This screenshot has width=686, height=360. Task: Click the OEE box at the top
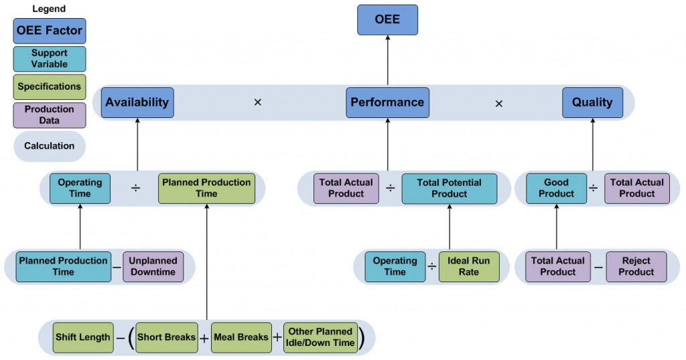pyautogui.click(x=387, y=19)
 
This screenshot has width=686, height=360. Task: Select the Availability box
pyautogui.click(x=137, y=103)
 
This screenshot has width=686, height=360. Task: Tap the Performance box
pyautogui.click(x=387, y=103)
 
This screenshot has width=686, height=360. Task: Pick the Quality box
pyautogui.click(x=592, y=103)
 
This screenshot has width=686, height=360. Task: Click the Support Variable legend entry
pyautogui.click(x=49, y=58)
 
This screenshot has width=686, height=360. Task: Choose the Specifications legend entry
pyautogui.click(x=49, y=86)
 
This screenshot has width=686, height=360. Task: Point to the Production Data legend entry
pyautogui.click(x=49, y=115)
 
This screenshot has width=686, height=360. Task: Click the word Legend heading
pyautogui.click(x=49, y=9)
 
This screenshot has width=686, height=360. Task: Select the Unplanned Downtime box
pyautogui.click(x=153, y=266)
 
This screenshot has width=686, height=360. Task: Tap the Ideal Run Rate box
pyautogui.click(x=469, y=266)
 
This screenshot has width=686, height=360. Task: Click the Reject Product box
pyautogui.click(x=636, y=266)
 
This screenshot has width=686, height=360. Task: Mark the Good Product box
pyautogui.click(x=556, y=188)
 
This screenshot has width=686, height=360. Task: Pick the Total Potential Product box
pyautogui.click(x=449, y=188)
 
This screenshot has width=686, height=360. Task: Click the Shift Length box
pyautogui.click(x=82, y=337)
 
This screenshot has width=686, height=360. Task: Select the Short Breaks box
pyautogui.click(x=166, y=337)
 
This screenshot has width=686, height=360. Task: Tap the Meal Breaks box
pyautogui.click(x=241, y=337)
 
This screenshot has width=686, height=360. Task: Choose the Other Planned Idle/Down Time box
pyautogui.click(x=320, y=337)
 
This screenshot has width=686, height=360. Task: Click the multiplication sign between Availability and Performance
pyautogui.click(x=257, y=103)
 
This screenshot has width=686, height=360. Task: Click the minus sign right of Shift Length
pyautogui.click(x=119, y=338)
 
